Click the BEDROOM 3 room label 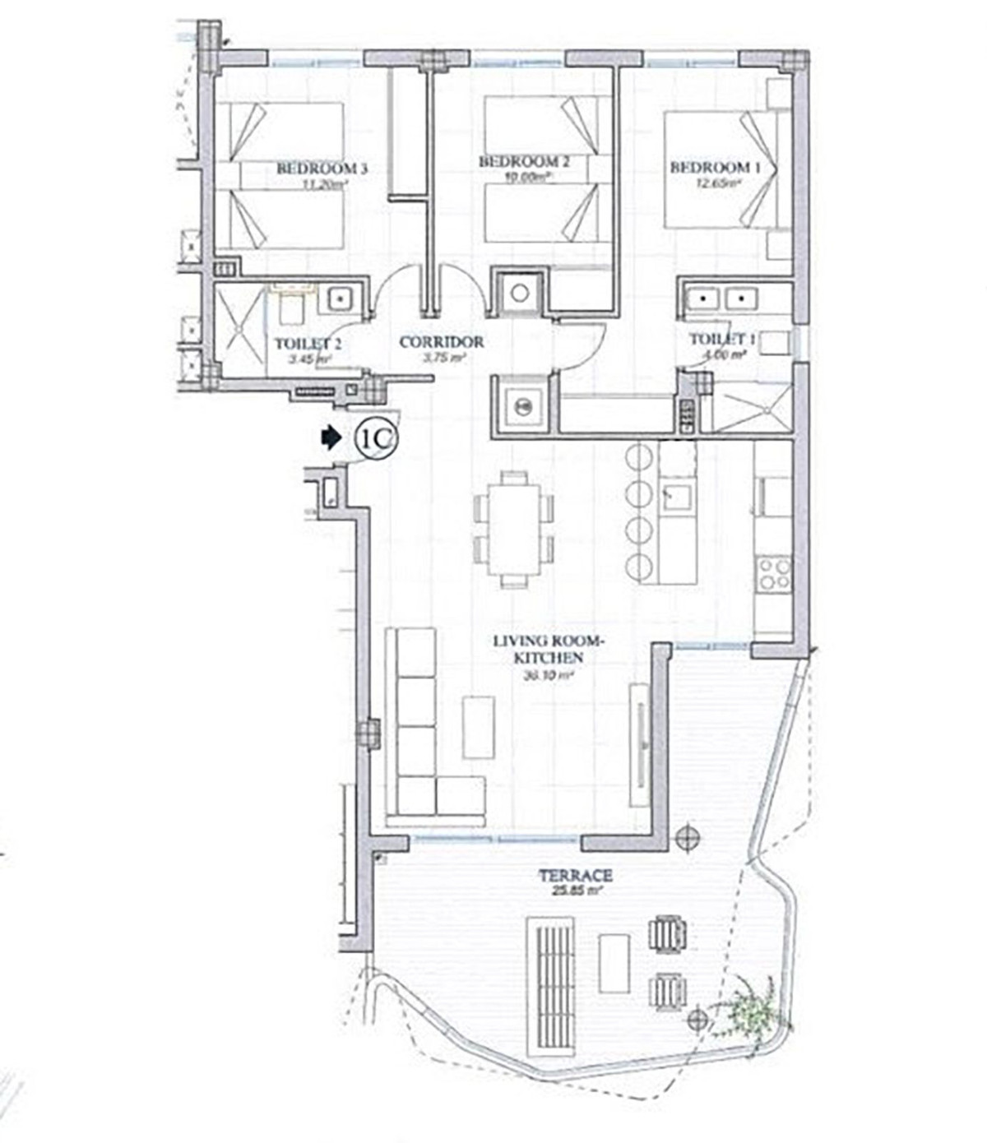321,169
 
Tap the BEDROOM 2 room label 524,162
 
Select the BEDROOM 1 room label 715,168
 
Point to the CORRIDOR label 442,342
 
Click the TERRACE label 575,876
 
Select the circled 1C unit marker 376,439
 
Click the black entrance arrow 331,438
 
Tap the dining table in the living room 513,530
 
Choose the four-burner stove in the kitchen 773,573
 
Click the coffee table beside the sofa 478,727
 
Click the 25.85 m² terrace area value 575,890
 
